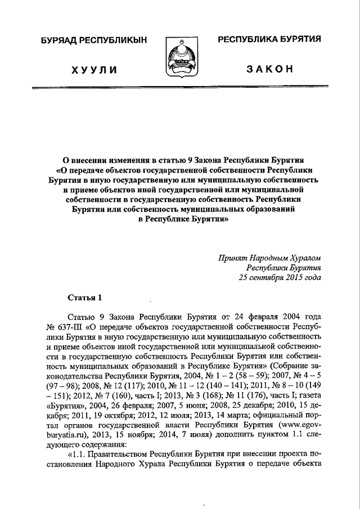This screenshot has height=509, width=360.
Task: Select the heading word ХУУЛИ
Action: coord(93,69)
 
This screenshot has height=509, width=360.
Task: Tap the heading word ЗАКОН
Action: coord(269,69)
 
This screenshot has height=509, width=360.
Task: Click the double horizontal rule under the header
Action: coord(180,89)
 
